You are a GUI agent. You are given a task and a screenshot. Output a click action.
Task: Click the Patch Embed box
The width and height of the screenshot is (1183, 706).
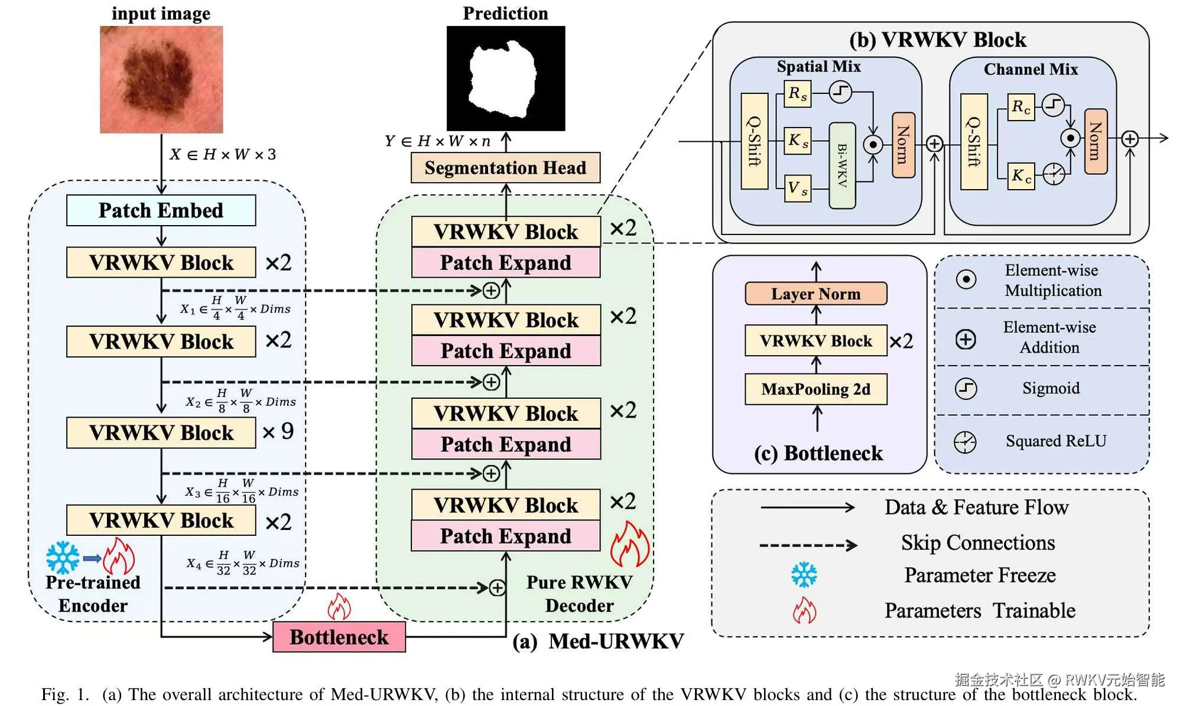(x=161, y=210)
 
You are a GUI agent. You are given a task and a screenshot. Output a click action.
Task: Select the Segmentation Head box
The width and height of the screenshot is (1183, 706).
(x=505, y=168)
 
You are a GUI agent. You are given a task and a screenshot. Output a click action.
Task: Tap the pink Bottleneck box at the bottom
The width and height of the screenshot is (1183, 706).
(x=339, y=637)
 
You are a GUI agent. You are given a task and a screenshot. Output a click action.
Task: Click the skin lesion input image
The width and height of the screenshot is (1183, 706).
(x=161, y=79)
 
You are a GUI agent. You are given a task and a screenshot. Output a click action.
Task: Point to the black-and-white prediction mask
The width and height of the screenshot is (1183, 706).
(x=505, y=78)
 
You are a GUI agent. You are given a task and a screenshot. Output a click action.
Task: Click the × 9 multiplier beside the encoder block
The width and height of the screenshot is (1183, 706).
(x=278, y=432)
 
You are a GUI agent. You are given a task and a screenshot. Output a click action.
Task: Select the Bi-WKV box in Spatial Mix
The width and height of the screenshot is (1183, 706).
(x=842, y=165)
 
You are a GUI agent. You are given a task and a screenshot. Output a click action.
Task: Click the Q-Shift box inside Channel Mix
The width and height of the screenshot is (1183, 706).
(x=974, y=142)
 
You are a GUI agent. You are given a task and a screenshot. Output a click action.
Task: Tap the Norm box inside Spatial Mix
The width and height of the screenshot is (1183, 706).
(x=903, y=145)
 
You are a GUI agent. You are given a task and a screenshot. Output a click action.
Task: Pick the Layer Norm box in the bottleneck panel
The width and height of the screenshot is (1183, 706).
(x=815, y=294)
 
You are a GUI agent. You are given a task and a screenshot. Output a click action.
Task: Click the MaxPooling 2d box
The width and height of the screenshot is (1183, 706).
(x=815, y=389)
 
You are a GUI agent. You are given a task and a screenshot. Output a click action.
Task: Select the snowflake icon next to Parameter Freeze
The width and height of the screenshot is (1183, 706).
(x=804, y=575)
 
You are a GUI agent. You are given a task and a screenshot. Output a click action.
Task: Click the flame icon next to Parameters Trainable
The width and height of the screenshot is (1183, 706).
(x=804, y=610)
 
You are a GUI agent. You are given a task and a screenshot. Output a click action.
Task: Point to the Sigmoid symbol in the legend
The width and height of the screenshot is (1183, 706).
(x=966, y=388)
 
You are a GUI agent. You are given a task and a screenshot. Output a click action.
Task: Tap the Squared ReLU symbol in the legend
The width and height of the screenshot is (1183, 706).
(x=965, y=442)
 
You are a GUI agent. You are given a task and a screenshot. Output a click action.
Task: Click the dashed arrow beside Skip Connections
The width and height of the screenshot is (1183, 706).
(x=808, y=545)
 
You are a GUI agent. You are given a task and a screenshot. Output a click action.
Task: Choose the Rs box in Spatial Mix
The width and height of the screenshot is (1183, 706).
(x=797, y=94)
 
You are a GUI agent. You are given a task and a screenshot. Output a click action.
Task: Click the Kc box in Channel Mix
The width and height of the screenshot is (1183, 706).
(x=1021, y=175)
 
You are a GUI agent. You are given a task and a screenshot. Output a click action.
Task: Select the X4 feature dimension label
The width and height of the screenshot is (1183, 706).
(x=242, y=563)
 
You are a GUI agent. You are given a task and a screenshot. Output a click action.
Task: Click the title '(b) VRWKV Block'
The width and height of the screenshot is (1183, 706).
(x=937, y=40)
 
